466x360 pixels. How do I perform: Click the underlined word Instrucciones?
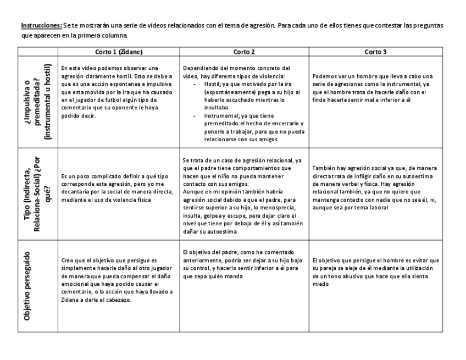coord(36,26)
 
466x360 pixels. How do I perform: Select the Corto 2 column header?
coord(244,52)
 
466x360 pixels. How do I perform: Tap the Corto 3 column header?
coord(375,52)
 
